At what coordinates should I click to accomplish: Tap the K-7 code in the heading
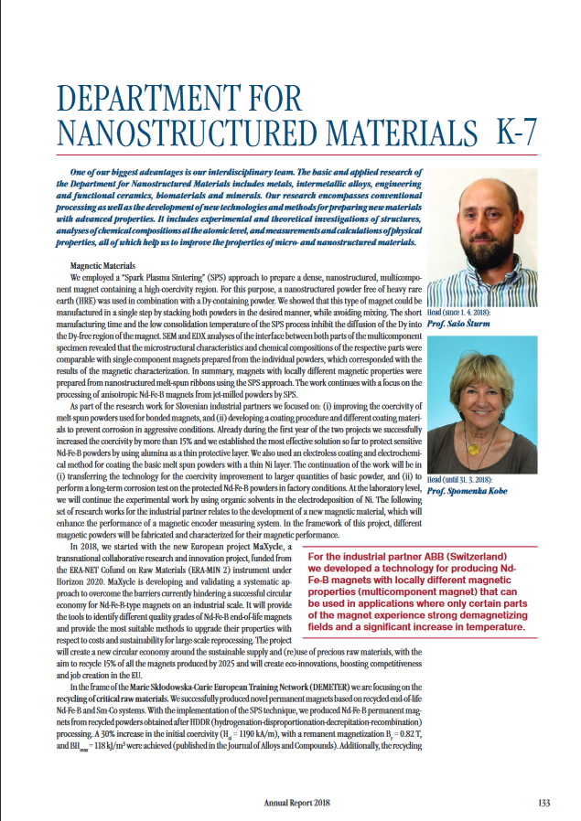tap(516, 131)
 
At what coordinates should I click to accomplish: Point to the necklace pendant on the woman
tap(472, 449)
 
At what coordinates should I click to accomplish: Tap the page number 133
tap(543, 803)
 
